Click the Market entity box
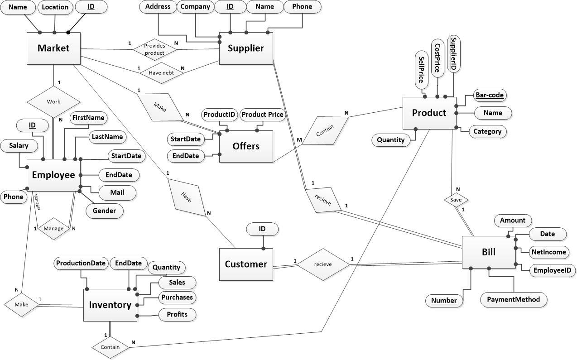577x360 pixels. pos(53,48)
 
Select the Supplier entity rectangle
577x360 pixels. pos(246,48)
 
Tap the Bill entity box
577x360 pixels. pos(488,252)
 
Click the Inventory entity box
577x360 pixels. pos(110,305)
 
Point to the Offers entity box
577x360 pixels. pos(246,146)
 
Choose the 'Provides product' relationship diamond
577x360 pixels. pos(154,49)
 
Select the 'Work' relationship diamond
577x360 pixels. pos(53,101)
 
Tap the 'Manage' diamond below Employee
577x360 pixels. pos(53,228)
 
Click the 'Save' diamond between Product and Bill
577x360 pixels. pos(456,199)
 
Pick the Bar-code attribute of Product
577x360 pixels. pos(490,95)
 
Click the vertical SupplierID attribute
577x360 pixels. pos(453,53)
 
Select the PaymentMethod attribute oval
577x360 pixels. pos(513,299)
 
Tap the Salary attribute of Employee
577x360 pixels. pos(19,146)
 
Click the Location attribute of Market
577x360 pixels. pos(55,7)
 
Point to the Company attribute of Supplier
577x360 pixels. pos(195,7)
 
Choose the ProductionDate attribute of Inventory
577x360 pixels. pos(81,263)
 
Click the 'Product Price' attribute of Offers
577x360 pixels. pos(262,115)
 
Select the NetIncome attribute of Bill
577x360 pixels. pos(549,252)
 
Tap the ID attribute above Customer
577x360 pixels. pos(262,229)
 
